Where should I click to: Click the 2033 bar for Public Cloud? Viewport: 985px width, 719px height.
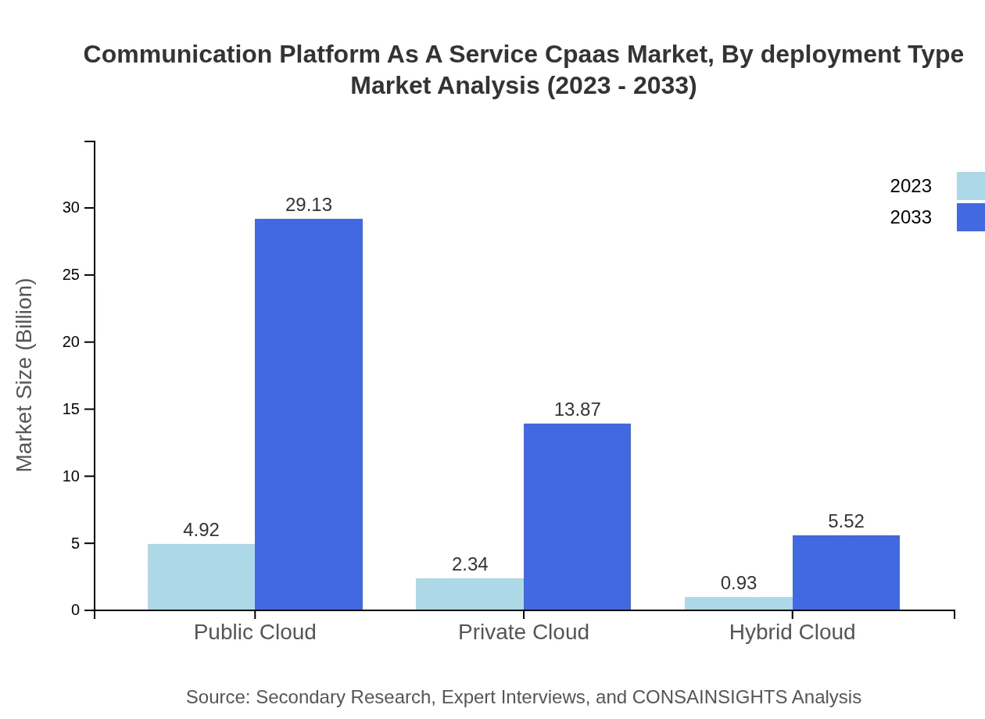coord(309,414)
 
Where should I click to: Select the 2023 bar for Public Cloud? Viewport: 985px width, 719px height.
coord(201,577)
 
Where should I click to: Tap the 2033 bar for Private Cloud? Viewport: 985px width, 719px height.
coord(577,517)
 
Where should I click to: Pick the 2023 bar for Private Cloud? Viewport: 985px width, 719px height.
coord(470,594)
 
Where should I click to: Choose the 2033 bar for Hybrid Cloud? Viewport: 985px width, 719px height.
coord(846,572)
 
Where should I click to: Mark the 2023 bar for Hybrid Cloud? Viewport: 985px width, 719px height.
coord(739,603)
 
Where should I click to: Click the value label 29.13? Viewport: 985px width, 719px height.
coord(309,205)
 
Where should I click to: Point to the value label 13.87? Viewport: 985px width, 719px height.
coord(577,410)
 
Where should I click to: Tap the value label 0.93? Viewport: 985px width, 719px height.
coord(739,583)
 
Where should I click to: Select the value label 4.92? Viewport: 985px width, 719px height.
coord(201,530)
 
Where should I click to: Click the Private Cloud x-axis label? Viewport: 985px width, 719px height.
coord(524,632)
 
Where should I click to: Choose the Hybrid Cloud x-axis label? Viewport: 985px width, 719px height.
coord(792,632)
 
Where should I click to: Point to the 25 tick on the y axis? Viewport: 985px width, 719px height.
coord(71,275)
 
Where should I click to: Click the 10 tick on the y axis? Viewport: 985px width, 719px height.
coord(71,476)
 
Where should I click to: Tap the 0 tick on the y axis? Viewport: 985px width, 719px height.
coord(75,610)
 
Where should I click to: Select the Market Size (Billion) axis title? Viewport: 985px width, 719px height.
coord(24,375)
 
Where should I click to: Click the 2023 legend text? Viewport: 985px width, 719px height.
coord(911,186)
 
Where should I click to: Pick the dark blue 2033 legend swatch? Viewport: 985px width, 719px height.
coord(971,217)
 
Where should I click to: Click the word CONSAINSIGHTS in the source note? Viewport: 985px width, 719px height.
coord(709,697)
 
